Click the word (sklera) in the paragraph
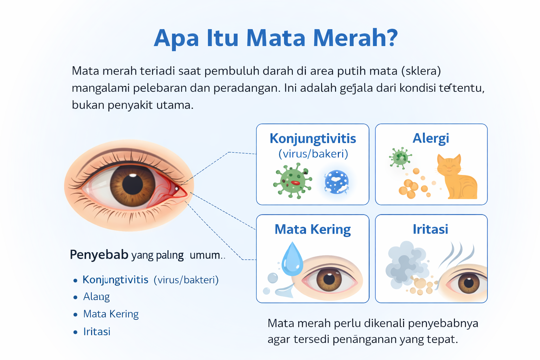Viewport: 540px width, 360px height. point(421,71)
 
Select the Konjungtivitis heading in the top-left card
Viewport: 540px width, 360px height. point(313,139)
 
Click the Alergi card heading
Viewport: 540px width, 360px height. point(431,138)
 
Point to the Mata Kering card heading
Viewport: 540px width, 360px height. point(313,229)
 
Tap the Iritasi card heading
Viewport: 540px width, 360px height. point(430,229)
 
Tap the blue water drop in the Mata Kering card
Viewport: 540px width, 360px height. point(292,261)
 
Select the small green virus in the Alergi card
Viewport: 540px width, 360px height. point(400,158)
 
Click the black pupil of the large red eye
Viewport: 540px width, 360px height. point(133,184)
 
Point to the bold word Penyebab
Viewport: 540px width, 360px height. point(99,255)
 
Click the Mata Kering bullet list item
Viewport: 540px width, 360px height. point(111,314)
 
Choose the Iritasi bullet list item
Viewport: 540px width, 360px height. point(97,332)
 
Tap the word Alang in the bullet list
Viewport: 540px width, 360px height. point(96,297)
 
